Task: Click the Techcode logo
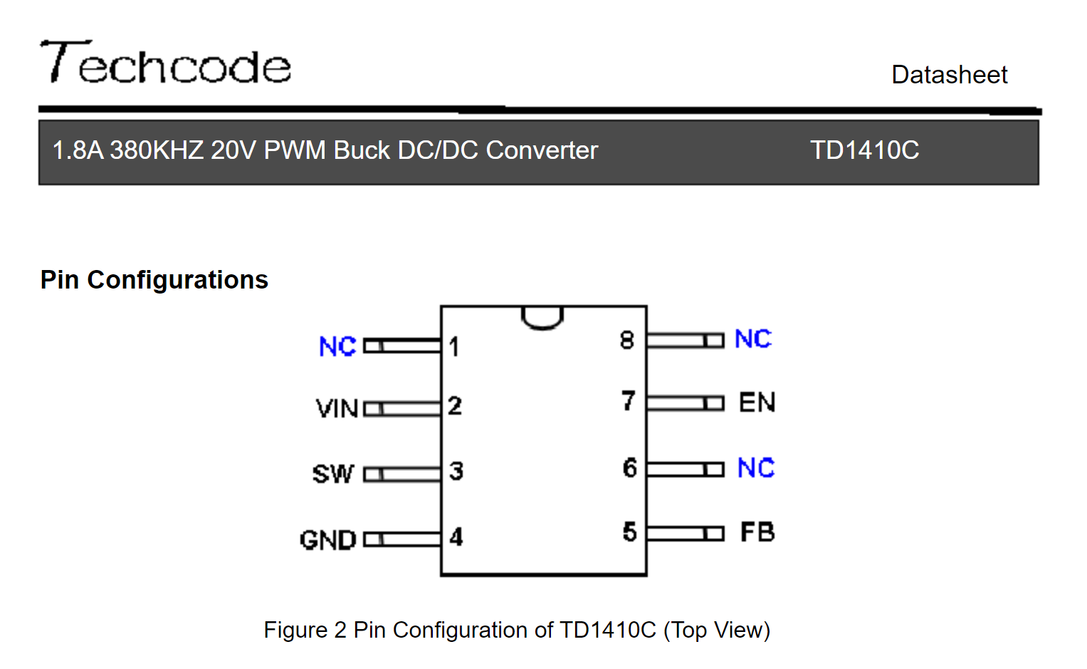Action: click(x=165, y=62)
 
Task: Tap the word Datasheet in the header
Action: click(x=949, y=75)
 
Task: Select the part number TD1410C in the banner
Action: click(x=864, y=150)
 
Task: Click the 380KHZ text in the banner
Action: click(x=157, y=150)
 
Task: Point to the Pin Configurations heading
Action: click(x=154, y=279)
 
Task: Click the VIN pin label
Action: click(x=337, y=408)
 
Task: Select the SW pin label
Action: click(x=333, y=474)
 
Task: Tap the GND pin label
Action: click(x=328, y=540)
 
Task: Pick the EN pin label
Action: click(x=757, y=403)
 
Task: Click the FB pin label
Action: click(x=757, y=531)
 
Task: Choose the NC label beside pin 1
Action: click(x=337, y=346)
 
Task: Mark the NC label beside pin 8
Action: click(x=753, y=338)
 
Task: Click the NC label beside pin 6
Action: click(x=756, y=468)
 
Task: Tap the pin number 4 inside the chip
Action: click(x=456, y=537)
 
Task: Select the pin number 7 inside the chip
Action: click(x=629, y=401)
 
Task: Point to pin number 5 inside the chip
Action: click(x=629, y=531)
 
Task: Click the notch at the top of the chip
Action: click(x=542, y=322)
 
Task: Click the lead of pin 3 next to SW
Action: click(x=402, y=474)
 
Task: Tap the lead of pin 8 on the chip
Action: click(x=686, y=340)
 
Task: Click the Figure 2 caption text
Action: click(x=517, y=630)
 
